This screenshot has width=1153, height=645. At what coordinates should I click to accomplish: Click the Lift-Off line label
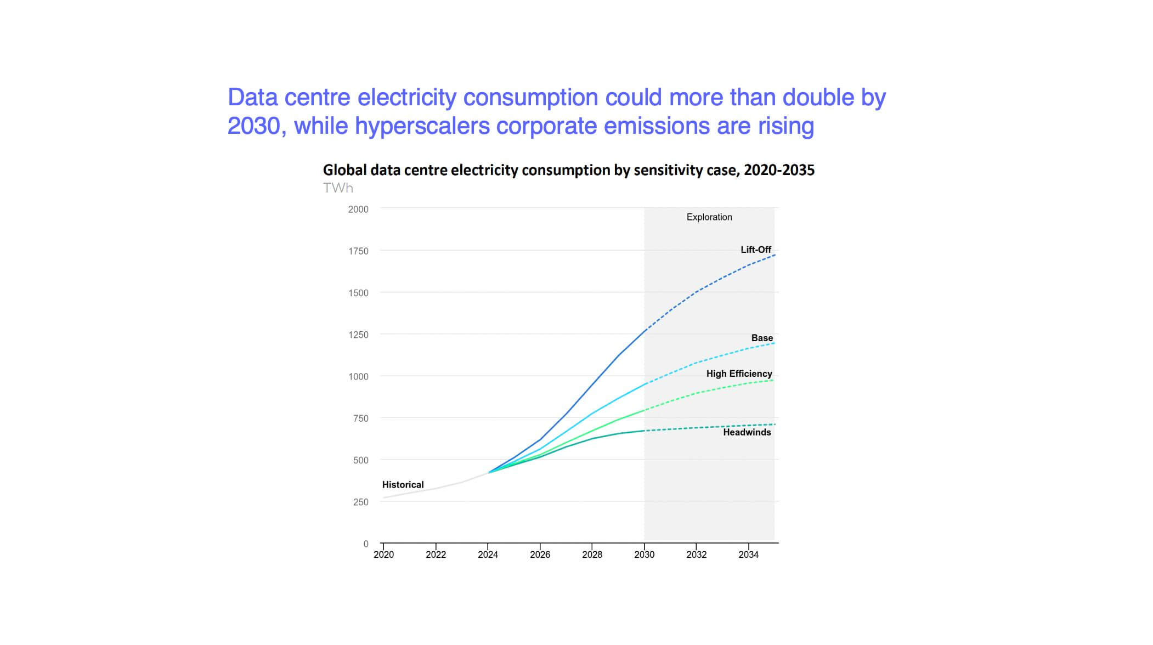tap(755, 250)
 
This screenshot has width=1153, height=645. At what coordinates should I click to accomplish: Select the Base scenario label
tap(761, 338)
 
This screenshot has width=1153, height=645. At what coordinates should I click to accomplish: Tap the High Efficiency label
tap(738, 374)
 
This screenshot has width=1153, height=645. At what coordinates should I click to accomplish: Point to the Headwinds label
tap(747, 432)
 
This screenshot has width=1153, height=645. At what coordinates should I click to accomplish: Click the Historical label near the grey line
tap(403, 485)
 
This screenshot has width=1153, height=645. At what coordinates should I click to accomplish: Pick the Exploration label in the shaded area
tap(709, 217)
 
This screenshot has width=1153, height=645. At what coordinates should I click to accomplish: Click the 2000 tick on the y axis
tap(358, 210)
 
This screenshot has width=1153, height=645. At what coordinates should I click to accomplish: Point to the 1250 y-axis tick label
tap(358, 335)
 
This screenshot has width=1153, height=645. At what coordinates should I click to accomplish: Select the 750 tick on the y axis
tap(360, 418)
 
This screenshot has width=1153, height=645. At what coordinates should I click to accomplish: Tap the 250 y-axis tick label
tap(360, 502)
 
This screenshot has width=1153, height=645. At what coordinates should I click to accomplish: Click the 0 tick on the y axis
tap(366, 544)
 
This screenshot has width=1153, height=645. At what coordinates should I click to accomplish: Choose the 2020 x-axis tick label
tap(383, 555)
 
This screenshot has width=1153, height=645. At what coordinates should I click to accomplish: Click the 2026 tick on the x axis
tap(540, 555)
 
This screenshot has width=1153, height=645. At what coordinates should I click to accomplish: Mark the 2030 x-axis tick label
tap(644, 555)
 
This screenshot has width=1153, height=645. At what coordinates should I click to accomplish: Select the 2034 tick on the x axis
tap(748, 555)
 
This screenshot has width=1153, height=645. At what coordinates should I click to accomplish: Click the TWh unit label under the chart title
tap(338, 188)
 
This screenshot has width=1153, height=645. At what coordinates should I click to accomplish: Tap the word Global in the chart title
tap(344, 171)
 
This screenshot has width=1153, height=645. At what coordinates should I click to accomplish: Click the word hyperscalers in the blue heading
tap(422, 126)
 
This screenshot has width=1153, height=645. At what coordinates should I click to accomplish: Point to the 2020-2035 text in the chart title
tap(779, 171)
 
